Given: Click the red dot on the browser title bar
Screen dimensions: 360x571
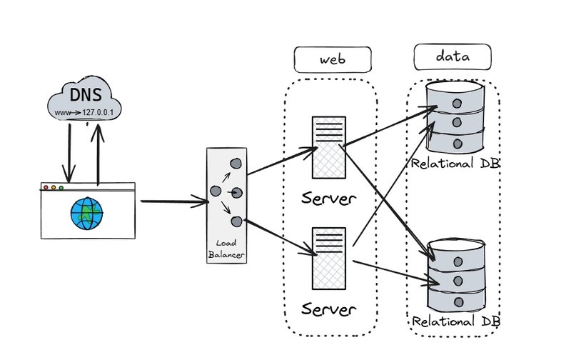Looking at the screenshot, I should [x=46, y=188].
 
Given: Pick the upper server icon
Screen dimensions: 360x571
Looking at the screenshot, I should [x=328, y=146].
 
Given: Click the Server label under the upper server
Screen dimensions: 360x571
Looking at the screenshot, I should [x=328, y=198].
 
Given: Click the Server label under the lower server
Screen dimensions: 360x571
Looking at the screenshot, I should [x=328, y=310].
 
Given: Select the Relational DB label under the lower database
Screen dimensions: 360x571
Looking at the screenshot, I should [x=457, y=321].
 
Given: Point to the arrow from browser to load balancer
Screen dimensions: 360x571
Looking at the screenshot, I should [x=175, y=201].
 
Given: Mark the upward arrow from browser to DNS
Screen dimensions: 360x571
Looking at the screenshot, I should [x=98, y=150].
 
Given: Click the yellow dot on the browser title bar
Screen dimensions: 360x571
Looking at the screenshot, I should [x=61, y=188].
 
